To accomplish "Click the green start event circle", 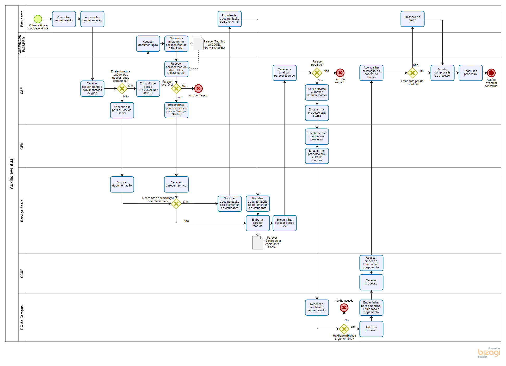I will click(38, 19).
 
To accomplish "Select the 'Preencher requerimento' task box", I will click(64, 19).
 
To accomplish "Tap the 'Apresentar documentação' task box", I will click(92, 19).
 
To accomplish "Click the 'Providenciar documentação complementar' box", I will click(230, 19).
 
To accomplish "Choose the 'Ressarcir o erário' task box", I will click(412, 19).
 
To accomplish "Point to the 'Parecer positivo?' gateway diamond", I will click(317, 73).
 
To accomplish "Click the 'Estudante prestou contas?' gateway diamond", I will click(412, 73).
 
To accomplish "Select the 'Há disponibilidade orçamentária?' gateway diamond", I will click(344, 329).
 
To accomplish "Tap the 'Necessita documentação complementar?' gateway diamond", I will click(176, 204).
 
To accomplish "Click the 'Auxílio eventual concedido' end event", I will click(491, 73).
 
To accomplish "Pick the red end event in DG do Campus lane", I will click(344, 308).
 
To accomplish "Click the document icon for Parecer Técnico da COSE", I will click(198, 44).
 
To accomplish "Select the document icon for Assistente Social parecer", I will click(258, 243).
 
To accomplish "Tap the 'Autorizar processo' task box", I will click(371, 329).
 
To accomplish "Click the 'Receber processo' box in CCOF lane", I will click(371, 282).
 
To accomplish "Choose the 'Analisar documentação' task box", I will click(122, 184).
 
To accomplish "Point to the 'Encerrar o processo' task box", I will click(471, 73).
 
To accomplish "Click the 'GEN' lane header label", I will click(22, 146).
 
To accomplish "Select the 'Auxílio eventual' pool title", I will click(11, 173).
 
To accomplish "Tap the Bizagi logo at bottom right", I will click(489, 352).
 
